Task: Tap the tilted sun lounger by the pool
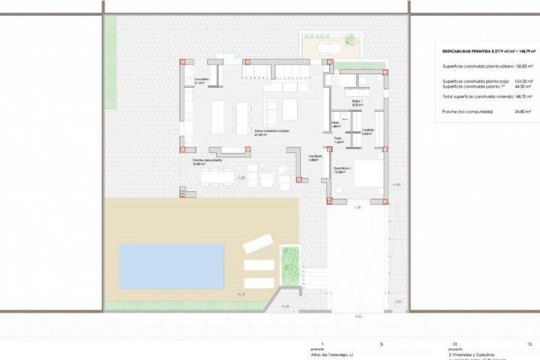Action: point(258,244)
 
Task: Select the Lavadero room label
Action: point(201,81)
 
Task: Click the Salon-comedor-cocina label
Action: point(271,132)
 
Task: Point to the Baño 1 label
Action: point(357,103)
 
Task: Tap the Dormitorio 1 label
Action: point(342,170)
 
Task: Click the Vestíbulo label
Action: point(315,158)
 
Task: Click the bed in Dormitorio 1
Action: point(369,173)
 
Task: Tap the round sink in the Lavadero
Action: point(188,81)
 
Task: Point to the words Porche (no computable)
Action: point(467,112)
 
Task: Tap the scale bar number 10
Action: point(455,344)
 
